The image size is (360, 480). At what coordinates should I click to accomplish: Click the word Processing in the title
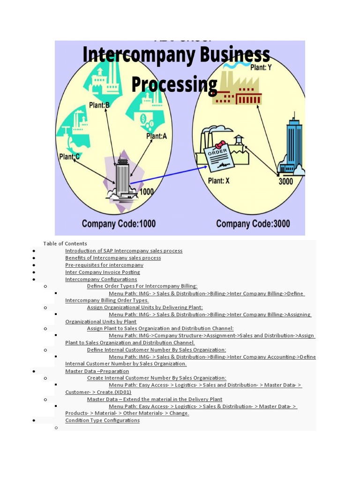point(174,84)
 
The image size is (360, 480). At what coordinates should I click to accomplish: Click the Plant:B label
point(99,105)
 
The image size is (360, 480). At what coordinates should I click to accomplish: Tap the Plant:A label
point(157,136)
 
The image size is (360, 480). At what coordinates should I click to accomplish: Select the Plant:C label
point(69,157)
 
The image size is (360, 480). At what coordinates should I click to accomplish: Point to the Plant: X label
point(219,180)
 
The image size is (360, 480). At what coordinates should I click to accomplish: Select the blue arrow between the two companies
point(169,174)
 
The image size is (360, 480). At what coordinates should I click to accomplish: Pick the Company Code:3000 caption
point(253,224)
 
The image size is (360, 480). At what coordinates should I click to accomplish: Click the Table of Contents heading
point(65,243)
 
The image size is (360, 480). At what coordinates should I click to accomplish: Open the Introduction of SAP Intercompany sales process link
point(124,251)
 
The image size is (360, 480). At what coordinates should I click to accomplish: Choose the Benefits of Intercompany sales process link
point(113,258)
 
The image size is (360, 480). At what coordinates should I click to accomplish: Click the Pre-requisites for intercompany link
point(104,265)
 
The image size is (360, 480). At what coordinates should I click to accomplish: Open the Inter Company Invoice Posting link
point(102,272)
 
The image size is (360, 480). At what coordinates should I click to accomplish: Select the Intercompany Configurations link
point(101,279)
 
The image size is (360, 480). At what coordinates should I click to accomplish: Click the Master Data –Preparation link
point(97,371)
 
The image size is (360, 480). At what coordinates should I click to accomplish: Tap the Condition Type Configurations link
point(102,420)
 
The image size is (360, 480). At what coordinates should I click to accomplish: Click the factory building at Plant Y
point(237,91)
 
